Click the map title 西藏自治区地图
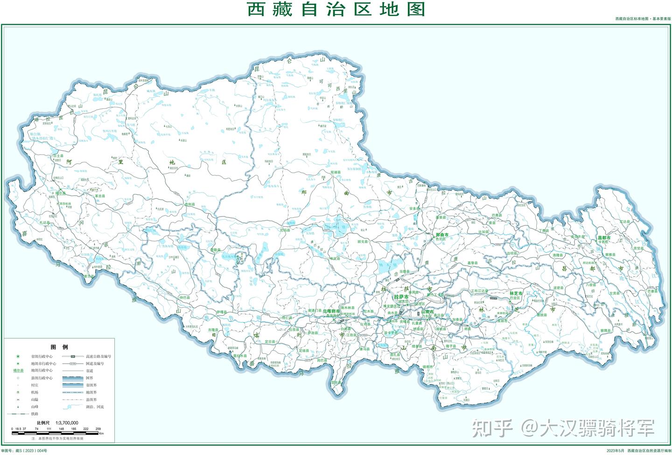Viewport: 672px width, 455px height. tap(336, 9)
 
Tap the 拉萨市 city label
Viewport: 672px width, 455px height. tap(401, 297)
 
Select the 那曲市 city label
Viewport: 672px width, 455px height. tap(441, 234)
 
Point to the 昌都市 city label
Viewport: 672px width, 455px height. tap(604, 238)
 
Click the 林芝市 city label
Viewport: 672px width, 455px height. tap(516, 294)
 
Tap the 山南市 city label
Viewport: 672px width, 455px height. tap(427, 311)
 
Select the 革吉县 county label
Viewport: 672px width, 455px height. tap(100, 196)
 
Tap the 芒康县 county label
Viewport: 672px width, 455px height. tap(652, 291)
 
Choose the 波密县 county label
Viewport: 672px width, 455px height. tap(558, 288)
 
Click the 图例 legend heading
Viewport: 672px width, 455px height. tap(59, 347)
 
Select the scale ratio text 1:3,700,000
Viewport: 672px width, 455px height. tap(67, 422)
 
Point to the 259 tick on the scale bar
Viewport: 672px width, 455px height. tap(98, 428)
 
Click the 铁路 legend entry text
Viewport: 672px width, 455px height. tap(35, 414)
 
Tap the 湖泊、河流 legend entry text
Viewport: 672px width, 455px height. tap(95, 407)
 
